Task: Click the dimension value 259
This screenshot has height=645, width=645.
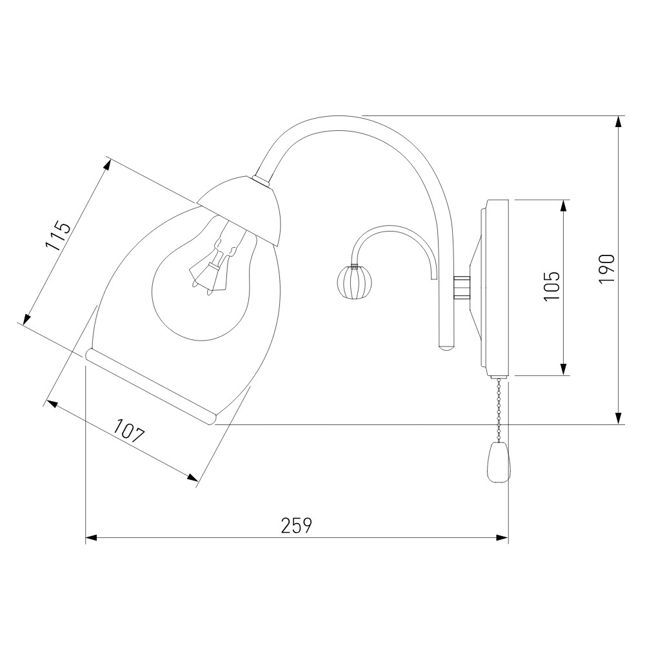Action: coord(297,525)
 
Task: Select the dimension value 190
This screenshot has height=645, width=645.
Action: coord(607,268)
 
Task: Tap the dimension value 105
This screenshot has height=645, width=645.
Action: coord(552,286)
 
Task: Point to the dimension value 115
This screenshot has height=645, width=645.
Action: coord(58,236)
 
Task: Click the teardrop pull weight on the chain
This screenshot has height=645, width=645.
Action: coord(499,462)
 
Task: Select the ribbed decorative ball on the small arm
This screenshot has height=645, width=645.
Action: coord(354,282)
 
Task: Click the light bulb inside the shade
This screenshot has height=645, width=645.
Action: coord(201,280)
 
